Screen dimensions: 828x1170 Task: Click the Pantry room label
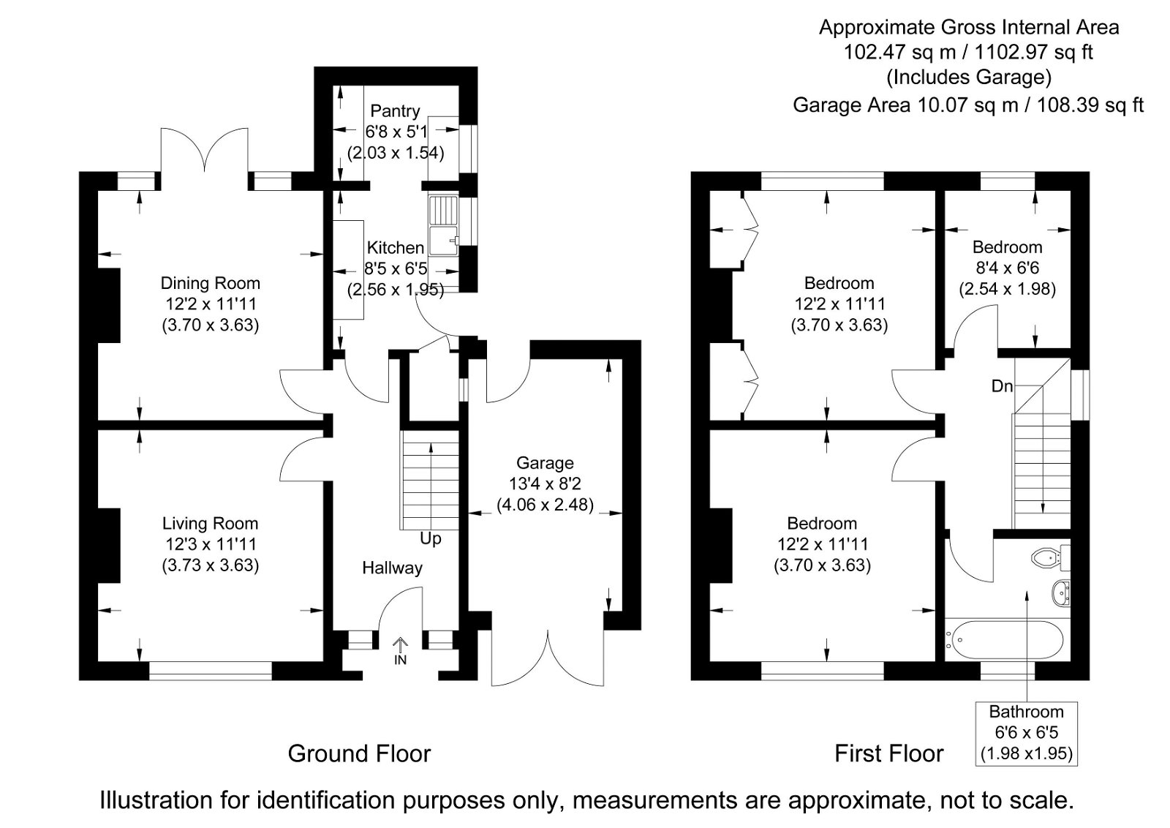395,111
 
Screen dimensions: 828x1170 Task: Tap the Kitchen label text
395,248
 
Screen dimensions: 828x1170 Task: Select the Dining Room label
210,283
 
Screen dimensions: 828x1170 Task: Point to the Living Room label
210,524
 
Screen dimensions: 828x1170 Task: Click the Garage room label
545,463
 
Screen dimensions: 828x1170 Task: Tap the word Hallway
392,568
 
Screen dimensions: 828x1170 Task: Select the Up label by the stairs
431,539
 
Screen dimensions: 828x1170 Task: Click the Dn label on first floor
1003,385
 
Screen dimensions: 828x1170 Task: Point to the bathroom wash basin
1060,593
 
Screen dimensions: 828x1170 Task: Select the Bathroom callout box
1026,733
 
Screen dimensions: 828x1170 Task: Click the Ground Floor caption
359,753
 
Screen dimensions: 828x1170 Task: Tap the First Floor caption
889,753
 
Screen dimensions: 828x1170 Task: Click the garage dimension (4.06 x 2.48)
545,505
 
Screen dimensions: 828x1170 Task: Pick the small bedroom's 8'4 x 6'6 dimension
1007,268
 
